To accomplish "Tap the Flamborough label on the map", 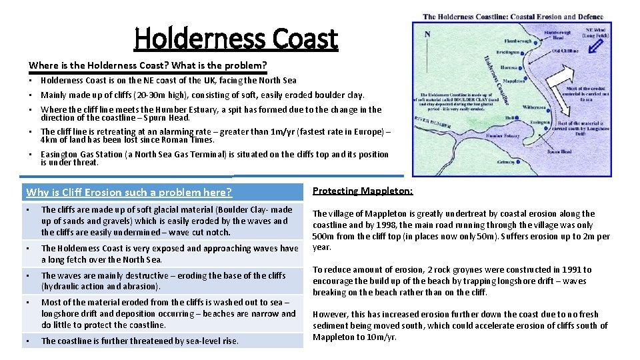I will (x=517, y=41).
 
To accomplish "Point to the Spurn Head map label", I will (x=559, y=151).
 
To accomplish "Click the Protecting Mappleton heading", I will (x=362, y=191).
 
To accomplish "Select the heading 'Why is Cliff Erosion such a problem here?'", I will (x=129, y=193).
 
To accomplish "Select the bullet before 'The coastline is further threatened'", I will (x=28, y=341).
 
